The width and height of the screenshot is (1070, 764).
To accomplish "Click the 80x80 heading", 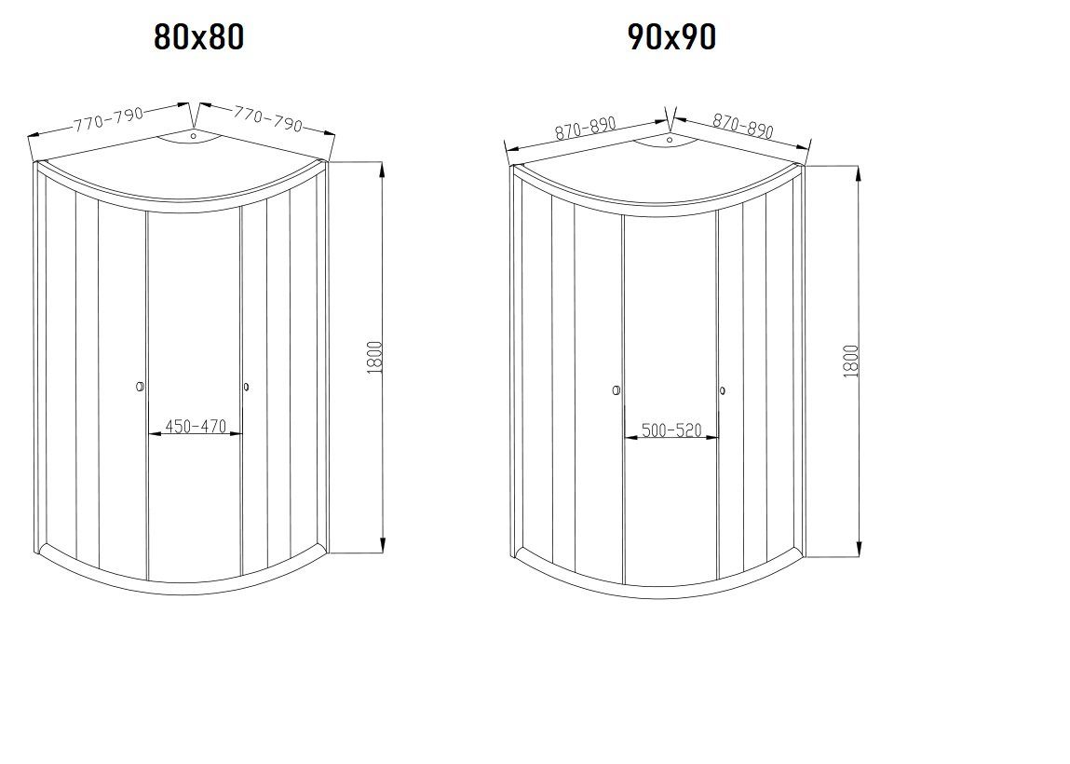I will point(198,37).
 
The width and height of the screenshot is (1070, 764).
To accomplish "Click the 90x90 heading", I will point(672,37).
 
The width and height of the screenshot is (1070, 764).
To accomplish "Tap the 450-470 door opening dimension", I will point(196,427).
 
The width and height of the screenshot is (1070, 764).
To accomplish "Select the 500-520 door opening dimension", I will point(670,431).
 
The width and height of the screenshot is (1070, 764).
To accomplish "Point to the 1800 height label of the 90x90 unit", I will point(850,361).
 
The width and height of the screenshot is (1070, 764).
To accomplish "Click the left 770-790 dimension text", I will point(109,119).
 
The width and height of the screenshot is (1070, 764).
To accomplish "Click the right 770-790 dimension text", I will point(268,118).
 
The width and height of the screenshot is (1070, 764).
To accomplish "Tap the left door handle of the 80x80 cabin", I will point(140,387).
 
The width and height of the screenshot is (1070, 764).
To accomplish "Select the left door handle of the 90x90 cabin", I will point(616,391).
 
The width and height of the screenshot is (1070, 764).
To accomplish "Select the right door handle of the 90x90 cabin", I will point(723,391).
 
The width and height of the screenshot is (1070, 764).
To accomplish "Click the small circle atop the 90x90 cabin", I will point(669,141).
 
